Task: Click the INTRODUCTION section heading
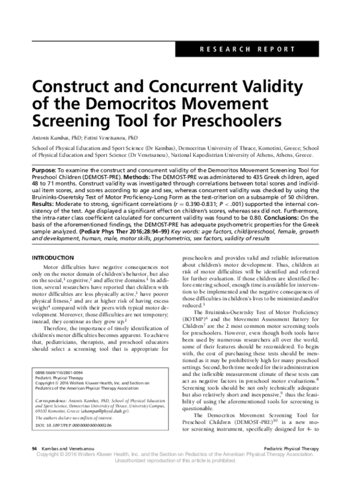55,258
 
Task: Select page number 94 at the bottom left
34,465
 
